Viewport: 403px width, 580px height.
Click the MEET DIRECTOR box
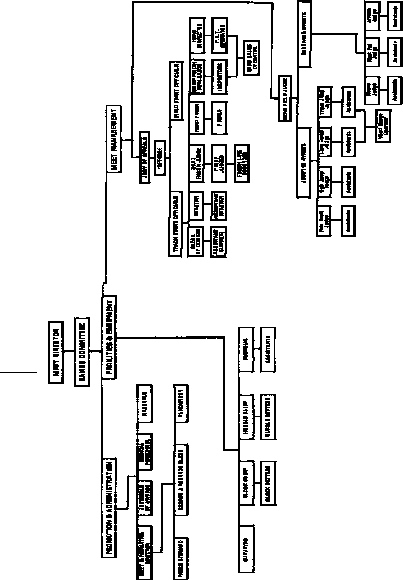(56, 352)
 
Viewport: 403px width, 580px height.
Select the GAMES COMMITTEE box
(82, 351)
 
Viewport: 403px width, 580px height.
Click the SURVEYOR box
(245, 550)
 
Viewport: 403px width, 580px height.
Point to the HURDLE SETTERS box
(268, 417)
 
